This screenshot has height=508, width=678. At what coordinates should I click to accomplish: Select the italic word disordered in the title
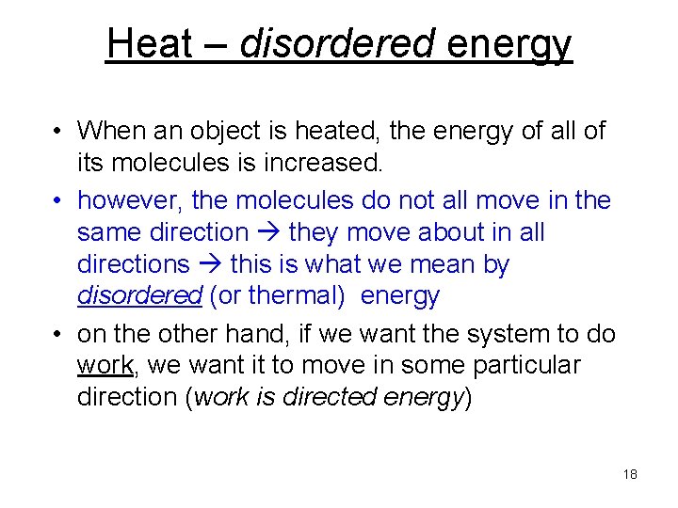tap(336, 43)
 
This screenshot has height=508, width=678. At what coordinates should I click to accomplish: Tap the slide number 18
tap(630, 474)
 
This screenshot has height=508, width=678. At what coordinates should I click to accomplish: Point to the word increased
tap(324, 163)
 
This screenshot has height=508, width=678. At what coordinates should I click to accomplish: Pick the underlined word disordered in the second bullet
tap(139, 295)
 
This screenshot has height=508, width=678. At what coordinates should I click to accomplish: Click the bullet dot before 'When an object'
tap(58, 132)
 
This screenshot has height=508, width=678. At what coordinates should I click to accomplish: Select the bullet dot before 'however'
tap(58, 200)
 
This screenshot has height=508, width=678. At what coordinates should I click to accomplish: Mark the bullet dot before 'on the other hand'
tap(58, 334)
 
